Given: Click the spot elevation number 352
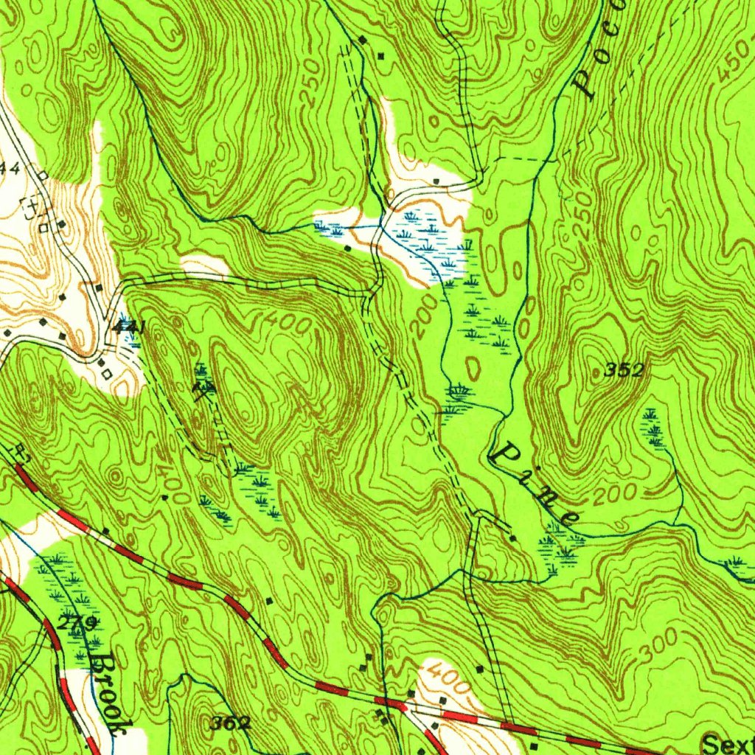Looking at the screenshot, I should point(624,371).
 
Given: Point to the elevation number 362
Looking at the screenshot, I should point(230,723).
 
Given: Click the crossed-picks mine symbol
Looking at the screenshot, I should point(203,386).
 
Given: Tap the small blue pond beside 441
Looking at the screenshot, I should point(133,338).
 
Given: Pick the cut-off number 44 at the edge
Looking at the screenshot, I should point(9,169).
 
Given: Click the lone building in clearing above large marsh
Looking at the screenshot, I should point(436,181).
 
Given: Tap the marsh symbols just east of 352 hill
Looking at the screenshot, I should point(652,428).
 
